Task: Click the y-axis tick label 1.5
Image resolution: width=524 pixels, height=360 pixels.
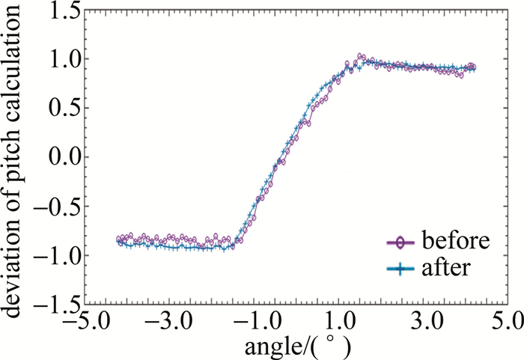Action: point(62,11)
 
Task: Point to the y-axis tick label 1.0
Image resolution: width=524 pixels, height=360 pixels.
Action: point(62,59)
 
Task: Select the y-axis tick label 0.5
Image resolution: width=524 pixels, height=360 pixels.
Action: point(62,109)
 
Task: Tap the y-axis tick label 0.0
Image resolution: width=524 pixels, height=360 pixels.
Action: point(62,158)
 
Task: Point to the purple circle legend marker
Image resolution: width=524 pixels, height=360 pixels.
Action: point(400,242)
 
